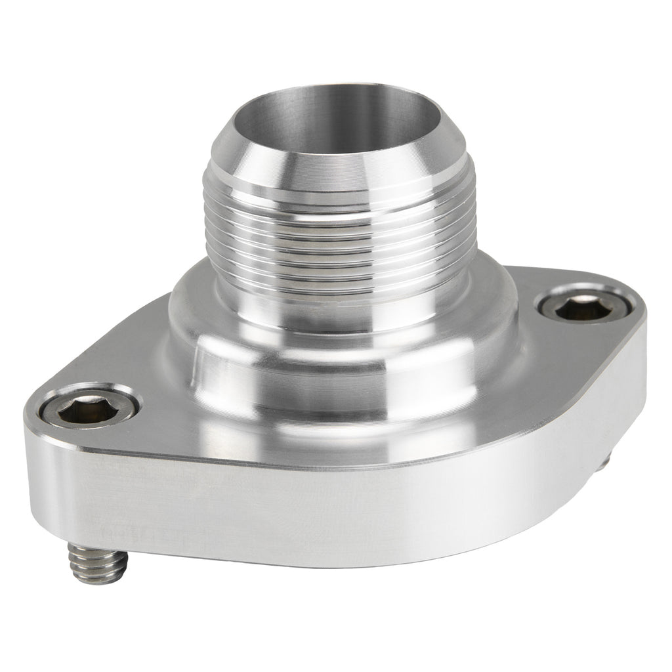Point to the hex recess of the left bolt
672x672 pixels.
89,409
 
